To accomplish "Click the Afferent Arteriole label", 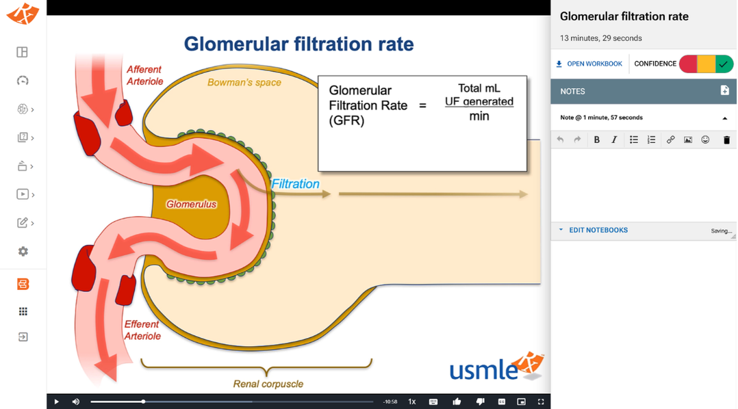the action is (144, 75).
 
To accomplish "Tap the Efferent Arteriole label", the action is (142, 330).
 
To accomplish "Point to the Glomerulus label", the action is (191, 204).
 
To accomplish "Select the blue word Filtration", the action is (296, 184).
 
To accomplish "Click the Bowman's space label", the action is (244, 82).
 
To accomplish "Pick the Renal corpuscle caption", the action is (268, 384).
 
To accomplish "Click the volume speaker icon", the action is (76, 401).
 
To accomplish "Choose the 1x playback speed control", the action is (412, 401).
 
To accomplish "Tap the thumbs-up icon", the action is (457, 401).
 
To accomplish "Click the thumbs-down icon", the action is (480, 401).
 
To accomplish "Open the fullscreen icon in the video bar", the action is (541, 401).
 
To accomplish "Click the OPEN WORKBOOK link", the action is (589, 64).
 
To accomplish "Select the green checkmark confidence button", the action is (724, 64).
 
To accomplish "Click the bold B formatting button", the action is (597, 140).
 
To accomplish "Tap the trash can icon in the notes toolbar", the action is (727, 140).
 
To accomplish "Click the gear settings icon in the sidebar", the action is (23, 252).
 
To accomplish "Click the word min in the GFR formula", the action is (479, 116).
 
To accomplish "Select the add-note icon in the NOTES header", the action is (725, 91).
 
